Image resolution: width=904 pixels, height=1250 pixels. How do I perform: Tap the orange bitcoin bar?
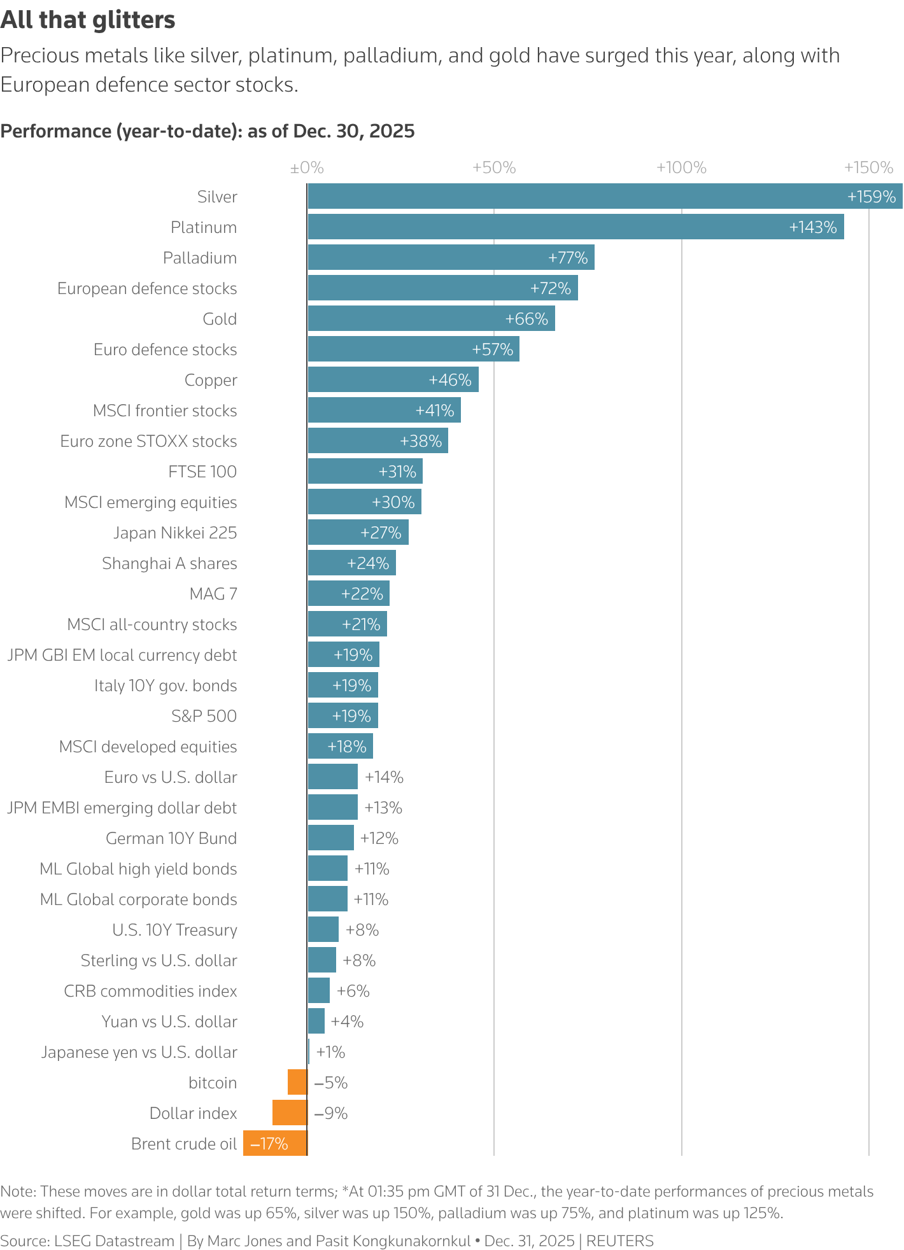[297, 1082]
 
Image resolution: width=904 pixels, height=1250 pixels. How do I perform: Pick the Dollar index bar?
[290, 1113]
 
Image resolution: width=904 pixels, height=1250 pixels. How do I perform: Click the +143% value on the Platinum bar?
[812, 227]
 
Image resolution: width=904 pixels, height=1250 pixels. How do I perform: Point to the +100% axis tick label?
[681, 168]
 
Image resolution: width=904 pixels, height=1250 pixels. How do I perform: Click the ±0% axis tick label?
[307, 168]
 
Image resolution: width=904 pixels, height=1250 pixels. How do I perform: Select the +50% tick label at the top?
[494, 168]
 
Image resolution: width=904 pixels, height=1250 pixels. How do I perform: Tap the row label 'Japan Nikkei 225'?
[175, 533]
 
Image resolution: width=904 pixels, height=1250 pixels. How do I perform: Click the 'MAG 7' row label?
[213, 594]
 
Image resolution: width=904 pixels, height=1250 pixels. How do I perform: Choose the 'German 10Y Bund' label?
[171, 838]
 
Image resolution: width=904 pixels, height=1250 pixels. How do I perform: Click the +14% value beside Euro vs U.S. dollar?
[384, 777]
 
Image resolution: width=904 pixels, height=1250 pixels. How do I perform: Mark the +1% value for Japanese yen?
[330, 1052]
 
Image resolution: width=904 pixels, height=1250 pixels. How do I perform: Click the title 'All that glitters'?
[88, 20]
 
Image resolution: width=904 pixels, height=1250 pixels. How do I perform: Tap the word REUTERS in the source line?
[619, 1240]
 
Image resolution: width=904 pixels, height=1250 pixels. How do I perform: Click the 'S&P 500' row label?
[204, 716]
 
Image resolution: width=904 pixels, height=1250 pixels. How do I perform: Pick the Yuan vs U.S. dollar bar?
[316, 1021]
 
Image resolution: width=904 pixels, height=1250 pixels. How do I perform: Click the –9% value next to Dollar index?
[331, 1113]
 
